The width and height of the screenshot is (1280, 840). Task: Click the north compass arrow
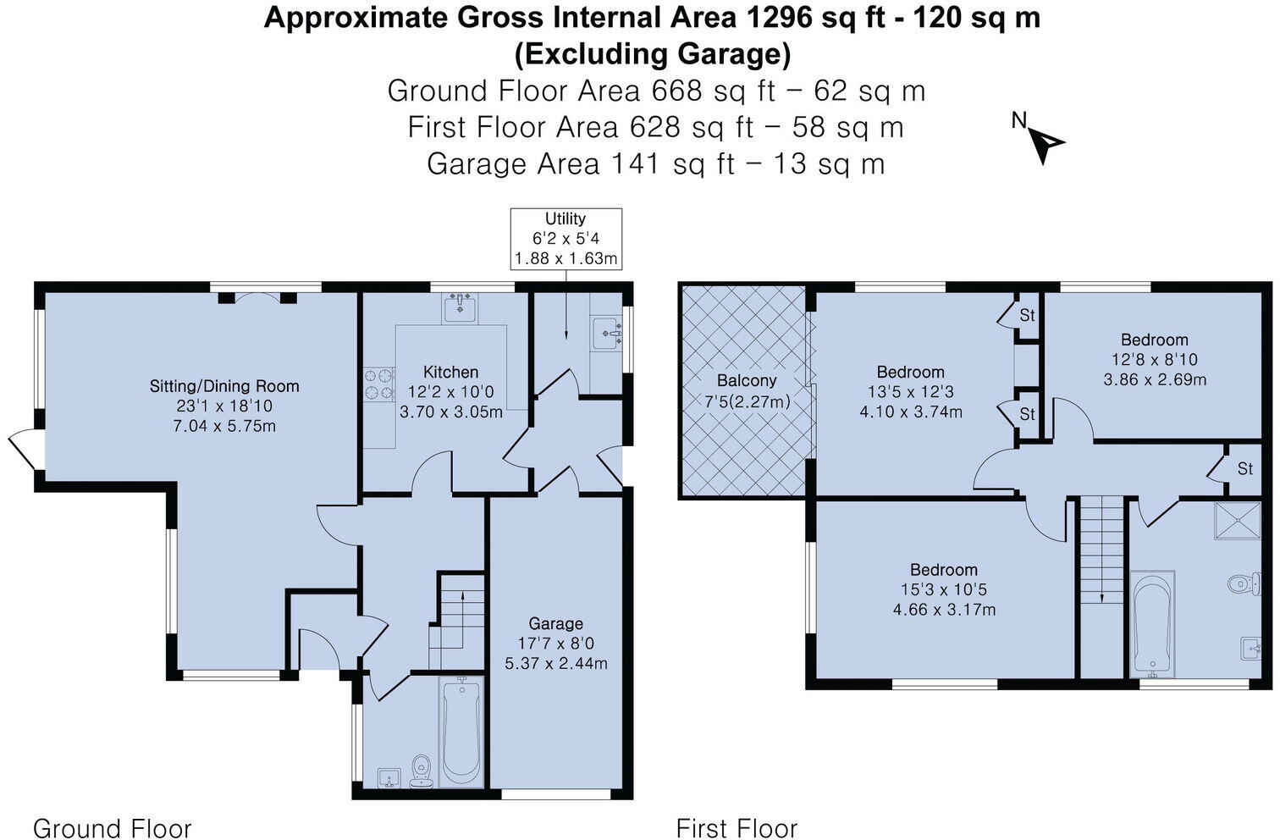(x=1046, y=145)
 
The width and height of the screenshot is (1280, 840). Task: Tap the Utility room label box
(x=566, y=239)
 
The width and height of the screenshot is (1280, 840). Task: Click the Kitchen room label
(x=450, y=373)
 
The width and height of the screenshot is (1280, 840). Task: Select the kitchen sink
(x=460, y=308)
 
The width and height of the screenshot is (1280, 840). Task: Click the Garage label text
(x=555, y=624)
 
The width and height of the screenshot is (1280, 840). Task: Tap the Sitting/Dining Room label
(x=224, y=387)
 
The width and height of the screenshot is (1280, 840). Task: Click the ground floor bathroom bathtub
(x=461, y=733)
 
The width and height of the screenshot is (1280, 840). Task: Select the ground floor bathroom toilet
(x=422, y=771)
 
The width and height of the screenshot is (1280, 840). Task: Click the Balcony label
(x=747, y=381)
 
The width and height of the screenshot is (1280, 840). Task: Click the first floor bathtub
(x=1152, y=623)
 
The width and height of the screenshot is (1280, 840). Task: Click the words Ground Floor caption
(x=112, y=827)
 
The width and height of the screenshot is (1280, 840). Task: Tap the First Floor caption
(x=737, y=827)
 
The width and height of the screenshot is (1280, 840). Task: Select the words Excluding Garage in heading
(x=652, y=54)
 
